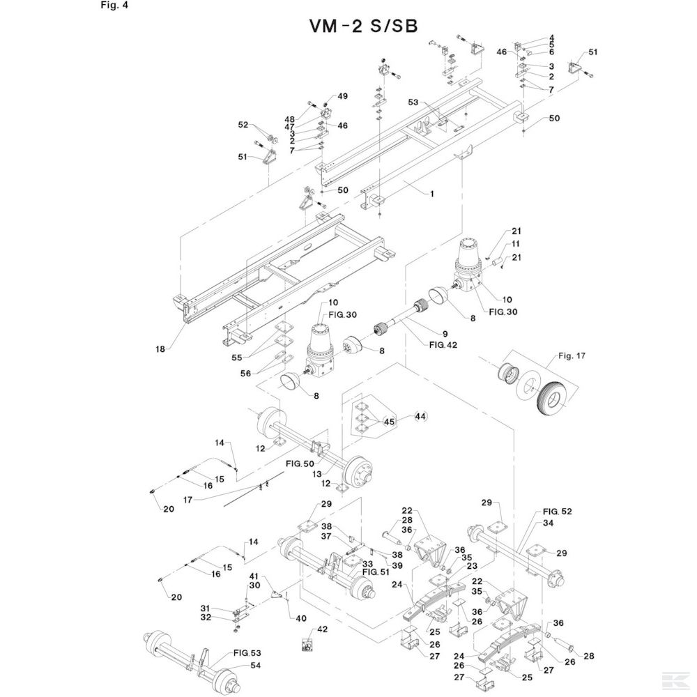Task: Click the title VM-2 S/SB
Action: pyautogui.click(x=363, y=26)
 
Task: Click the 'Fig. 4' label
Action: pyautogui.click(x=114, y=6)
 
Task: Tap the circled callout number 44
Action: pyautogui.click(x=420, y=417)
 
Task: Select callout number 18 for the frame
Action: pyautogui.click(x=160, y=349)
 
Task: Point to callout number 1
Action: pyautogui.click(x=431, y=194)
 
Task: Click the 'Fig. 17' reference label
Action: pyautogui.click(x=572, y=355)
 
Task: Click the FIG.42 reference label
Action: pyautogui.click(x=443, y=344)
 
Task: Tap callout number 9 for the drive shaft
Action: pyautogui.click(x=445, y=334)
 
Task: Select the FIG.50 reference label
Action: pyautogui.click(x=300, y=464)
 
